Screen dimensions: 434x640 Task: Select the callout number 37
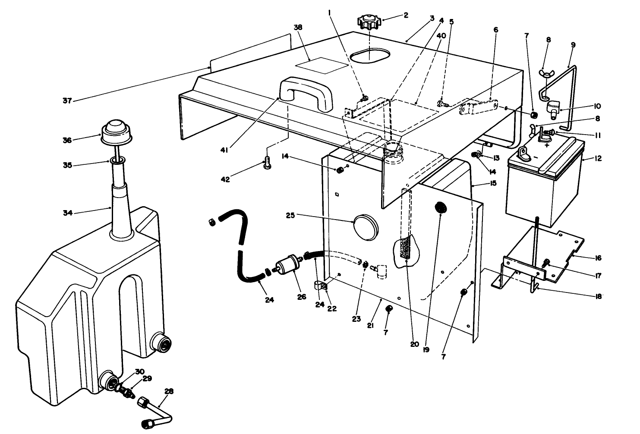pyautogui.click(x=67, y=101)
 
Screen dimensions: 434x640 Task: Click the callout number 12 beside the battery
pyautogui.click(x=598, y=159)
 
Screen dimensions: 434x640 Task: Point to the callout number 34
pyautogui.click(x=68, y=213)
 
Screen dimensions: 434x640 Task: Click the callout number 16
pyautogui.click(x=598, y=258)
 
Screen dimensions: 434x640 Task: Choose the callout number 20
pyautogui.click(x=414, y=344)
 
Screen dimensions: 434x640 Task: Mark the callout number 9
pyautogui.click(x=573, y=44)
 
